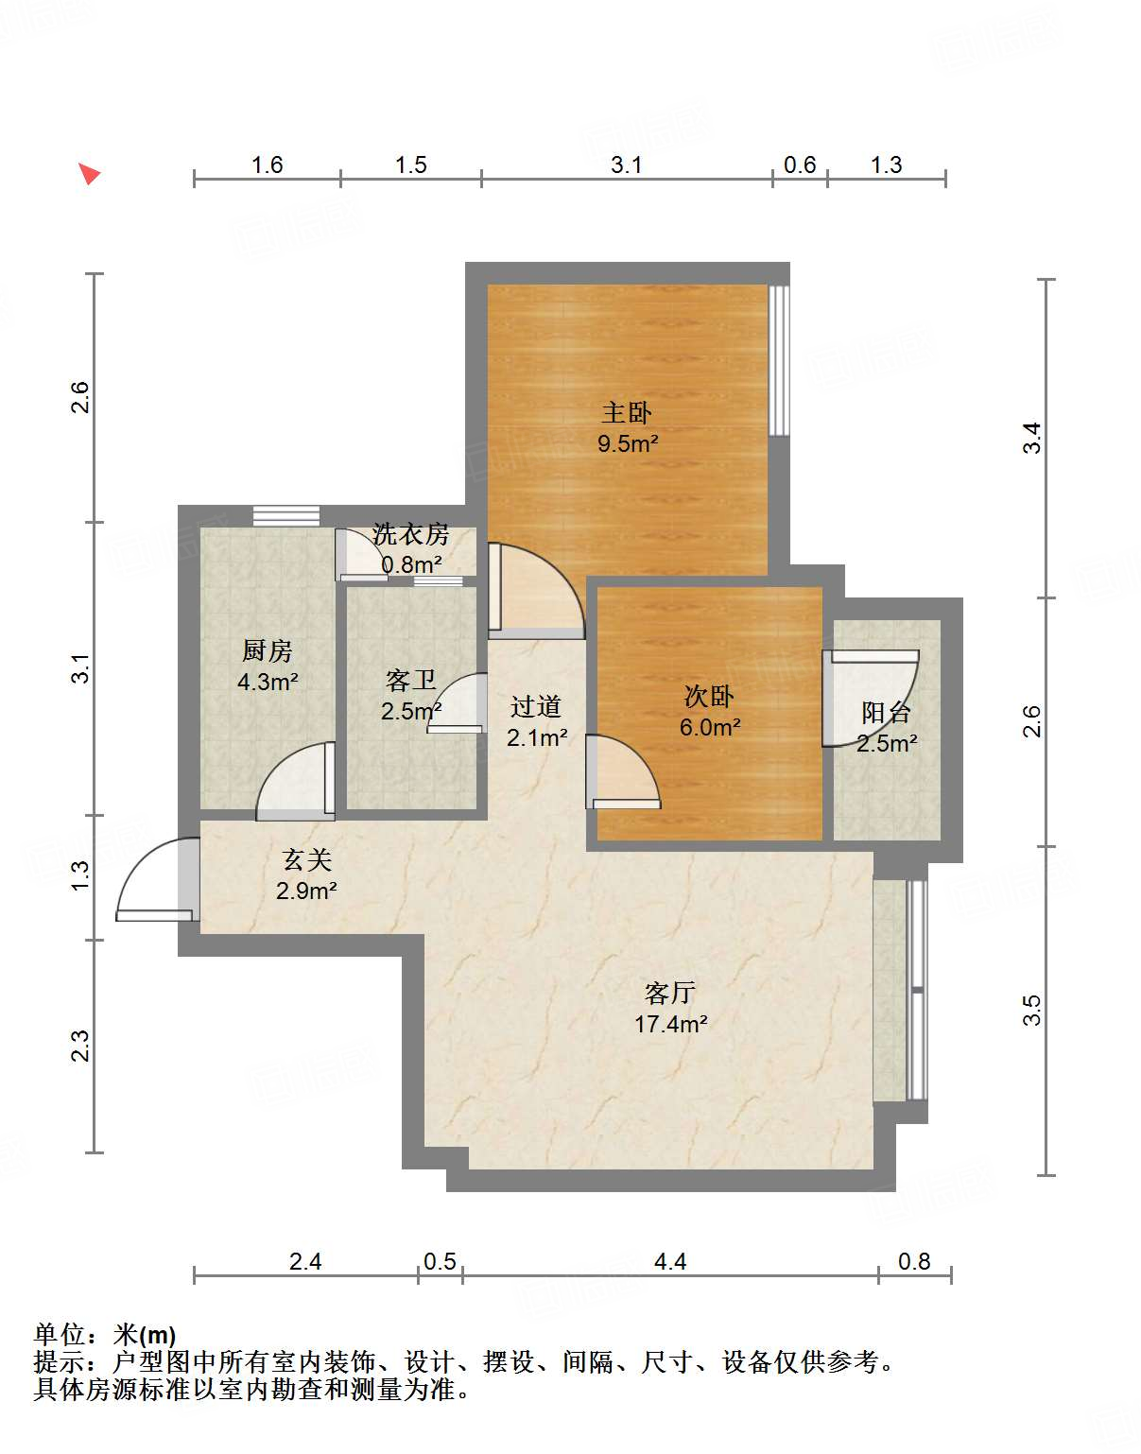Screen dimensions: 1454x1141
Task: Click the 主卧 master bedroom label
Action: pyautogui.click(x=627, y=413)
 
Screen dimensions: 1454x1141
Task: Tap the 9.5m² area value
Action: pyautogui.click(x=627, y=443)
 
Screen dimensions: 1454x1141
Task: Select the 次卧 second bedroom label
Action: pyautogui.click(x=709, y=697)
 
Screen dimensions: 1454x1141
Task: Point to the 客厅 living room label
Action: pyautogui.click(x=670, y=994)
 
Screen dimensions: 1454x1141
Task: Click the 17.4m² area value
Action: pyautogui.click(x=670, y=1024)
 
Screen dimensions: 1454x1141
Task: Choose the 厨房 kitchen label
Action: pyautogui.click(x=268, y=651)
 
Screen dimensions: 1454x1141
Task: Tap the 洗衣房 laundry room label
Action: pyautogui.click(x=410, y=535)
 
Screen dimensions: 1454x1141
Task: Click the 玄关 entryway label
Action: pyautogui.click(x=307, y=860)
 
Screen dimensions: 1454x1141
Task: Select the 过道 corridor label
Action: pyautogui.click(x=536, y=707)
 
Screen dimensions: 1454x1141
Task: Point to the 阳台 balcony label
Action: pyautogui.click(x=886, y=713)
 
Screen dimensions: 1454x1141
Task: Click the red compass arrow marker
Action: pyautogui.click(x=89, y=174)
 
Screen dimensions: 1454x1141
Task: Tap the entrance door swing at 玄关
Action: pyautogui.click(x=151, y=879)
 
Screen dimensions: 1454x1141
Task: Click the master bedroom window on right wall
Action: pyautogui.click(x=778, y=360)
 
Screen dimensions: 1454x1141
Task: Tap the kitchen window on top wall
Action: pyautogui.click(x=285, y=515)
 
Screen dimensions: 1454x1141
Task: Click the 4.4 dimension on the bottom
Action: pyautogui.click(x=669, y=1262)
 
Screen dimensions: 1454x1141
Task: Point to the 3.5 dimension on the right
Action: pyautogui.click(x=1031, y=1010)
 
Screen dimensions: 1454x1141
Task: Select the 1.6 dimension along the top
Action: pyautogui.click(x=267, y=165)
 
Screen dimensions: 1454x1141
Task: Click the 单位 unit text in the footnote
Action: pyautogui.click(x=61, y=1335)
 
